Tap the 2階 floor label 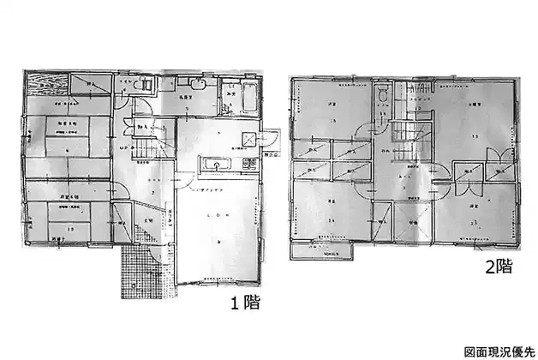click(x=499, y=266)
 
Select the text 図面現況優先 click(x=498, y=351)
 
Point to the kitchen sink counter click(x=215, y=164)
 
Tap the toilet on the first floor click(x=143, y=86)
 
